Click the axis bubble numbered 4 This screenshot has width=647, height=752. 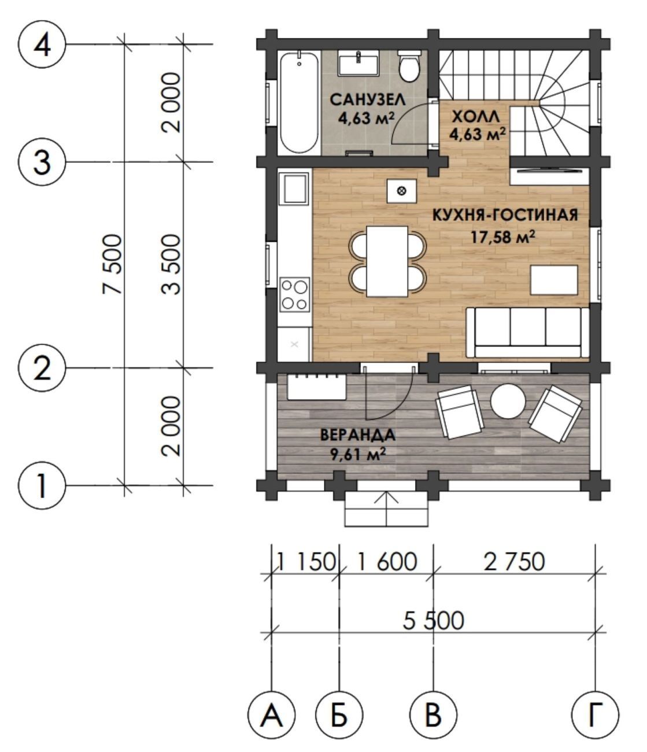(x=42, y=45)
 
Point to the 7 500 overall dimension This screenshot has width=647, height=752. (x=111, y=264)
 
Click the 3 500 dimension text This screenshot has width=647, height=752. (x=170, y=264)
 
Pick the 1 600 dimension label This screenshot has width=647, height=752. (x=387, y=562)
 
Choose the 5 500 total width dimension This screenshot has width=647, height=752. (x=433, y=621)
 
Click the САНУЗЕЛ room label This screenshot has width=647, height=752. (x=367, y=99)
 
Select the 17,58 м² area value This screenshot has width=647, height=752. (x=504, y=238)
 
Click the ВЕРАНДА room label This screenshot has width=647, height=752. (x=357, y=435)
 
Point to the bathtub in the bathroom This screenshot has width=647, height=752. (x=300, y=103)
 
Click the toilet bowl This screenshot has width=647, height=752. (x=409, y=66)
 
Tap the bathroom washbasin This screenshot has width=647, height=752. (x=358, y=62)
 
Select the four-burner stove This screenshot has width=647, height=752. (x=294, y=294)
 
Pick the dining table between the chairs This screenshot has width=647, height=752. (x=387, y=261)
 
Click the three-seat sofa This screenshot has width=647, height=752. (x=527, y=333)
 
